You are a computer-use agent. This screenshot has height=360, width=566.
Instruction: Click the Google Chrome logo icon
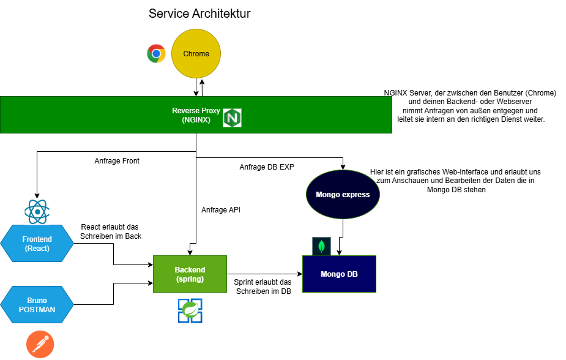click(156, 54)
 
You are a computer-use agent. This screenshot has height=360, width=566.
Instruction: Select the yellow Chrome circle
click(196, 54)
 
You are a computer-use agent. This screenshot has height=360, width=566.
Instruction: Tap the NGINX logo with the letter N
click(232, 118)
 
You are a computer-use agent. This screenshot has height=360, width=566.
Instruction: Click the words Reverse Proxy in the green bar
click(196, 111)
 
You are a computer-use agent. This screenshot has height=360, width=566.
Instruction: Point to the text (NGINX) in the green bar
click(196, 120)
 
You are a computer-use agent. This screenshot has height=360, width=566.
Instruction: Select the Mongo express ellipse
click(343, 195)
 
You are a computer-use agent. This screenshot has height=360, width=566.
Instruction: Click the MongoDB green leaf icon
click(321, 246)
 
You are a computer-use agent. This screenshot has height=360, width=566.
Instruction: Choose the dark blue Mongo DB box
click(339, 274)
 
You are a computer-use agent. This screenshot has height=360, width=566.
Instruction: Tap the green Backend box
click(190, 274)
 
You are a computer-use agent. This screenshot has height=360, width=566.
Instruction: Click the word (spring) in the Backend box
click(190, 279)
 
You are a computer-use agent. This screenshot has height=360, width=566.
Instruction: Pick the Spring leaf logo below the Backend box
click(190, 310)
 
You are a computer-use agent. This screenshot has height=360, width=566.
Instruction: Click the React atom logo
click(37, 212)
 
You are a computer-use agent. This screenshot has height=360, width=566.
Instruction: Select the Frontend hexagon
click(37, 244)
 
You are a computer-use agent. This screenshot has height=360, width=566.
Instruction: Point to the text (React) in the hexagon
click(37, 249)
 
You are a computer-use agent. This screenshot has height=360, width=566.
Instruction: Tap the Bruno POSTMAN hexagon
click(37, 305)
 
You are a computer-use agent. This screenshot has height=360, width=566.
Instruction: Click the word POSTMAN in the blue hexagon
click(37, 310)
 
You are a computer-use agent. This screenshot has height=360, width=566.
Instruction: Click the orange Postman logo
click(40, 345)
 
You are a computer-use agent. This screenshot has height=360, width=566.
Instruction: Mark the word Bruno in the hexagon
click(37, 301)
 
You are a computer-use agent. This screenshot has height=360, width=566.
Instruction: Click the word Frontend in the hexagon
click(37, 239)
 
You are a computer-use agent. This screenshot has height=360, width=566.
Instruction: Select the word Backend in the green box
click(190, 270)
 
